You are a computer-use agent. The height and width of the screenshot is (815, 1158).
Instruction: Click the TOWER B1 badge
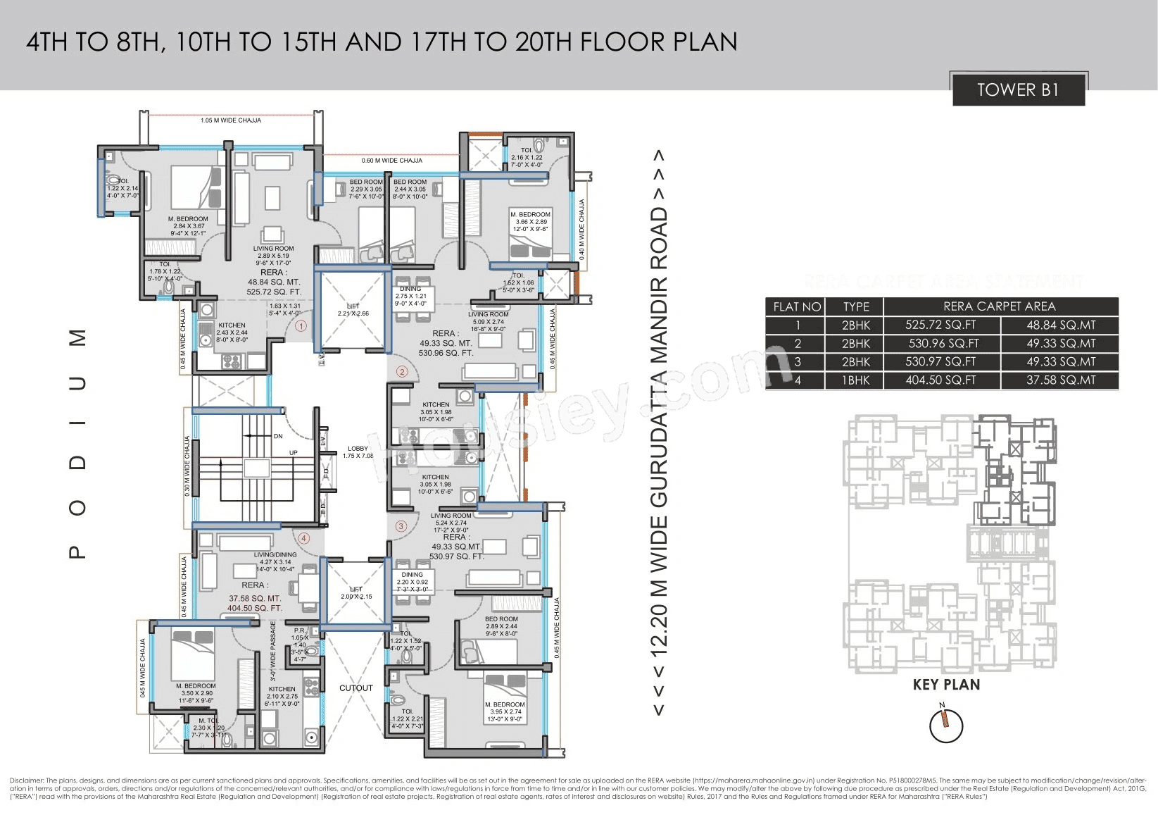1018,90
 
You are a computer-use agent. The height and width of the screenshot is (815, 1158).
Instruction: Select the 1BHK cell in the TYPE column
856,380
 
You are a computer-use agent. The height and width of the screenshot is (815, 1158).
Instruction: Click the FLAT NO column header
797,306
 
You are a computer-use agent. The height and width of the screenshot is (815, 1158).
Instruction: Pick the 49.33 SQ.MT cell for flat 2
1060,344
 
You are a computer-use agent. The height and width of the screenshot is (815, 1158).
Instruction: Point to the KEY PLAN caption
945,685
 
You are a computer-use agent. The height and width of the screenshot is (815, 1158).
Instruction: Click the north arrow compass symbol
945,726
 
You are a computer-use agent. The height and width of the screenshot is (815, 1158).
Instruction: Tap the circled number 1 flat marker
301,326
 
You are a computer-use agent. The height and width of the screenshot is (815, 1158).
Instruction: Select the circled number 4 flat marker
304,538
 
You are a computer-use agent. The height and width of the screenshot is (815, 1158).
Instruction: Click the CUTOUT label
356,688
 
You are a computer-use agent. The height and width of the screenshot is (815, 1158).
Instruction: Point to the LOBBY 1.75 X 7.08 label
358,452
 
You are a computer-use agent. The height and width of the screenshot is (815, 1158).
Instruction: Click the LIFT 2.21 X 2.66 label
353,310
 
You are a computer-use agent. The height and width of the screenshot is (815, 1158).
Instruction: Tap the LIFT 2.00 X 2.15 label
356,593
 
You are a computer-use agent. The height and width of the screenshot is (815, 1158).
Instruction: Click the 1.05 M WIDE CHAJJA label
231,120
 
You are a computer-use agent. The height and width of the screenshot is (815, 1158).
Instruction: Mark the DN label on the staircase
278,436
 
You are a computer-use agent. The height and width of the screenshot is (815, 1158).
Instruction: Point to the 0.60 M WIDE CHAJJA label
392,161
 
